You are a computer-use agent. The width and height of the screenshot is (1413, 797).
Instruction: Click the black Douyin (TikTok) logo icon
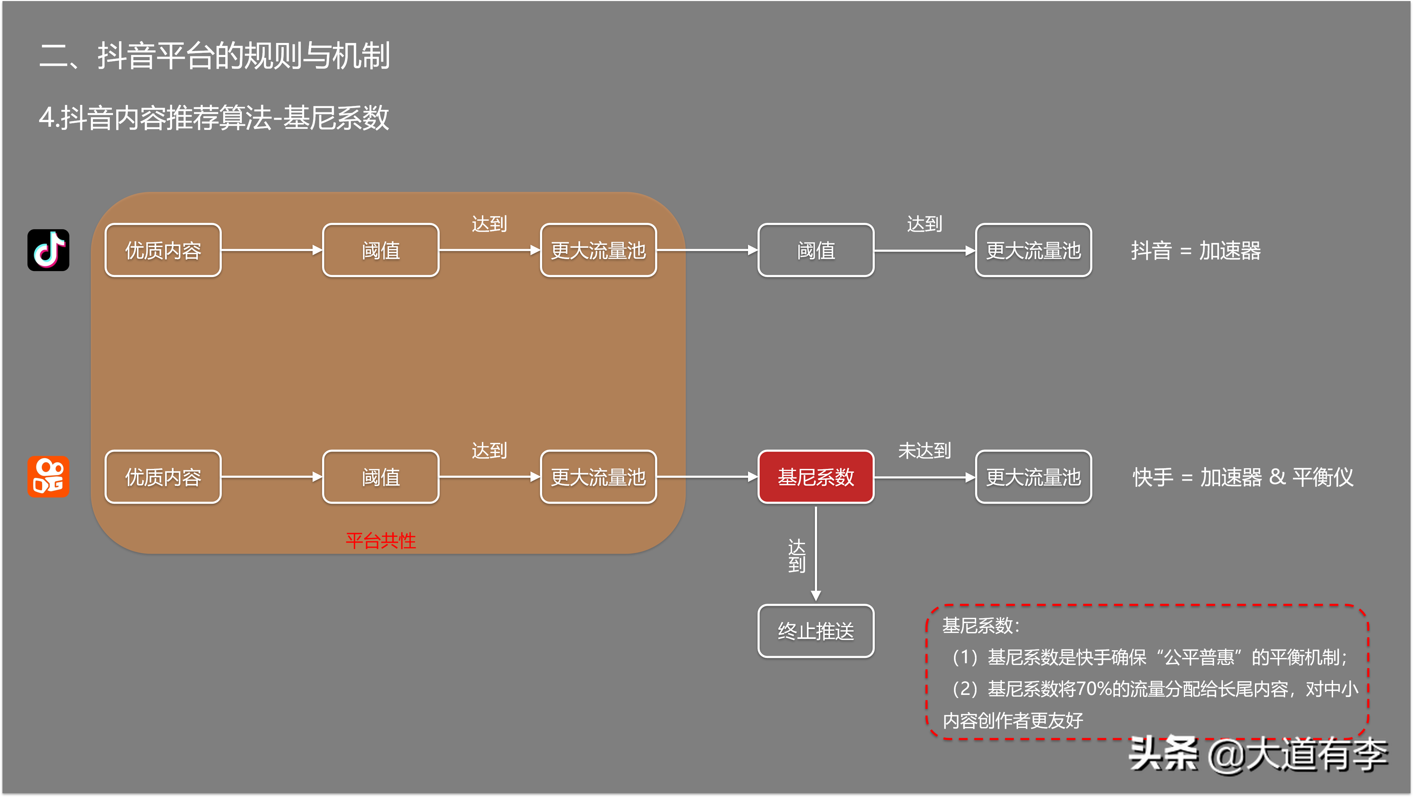click(x=48, y=250)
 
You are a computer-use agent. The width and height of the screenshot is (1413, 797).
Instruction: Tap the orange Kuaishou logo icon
click(x=48, y=477)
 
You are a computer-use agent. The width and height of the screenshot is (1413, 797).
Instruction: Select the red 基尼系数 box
click(x=816, y=477)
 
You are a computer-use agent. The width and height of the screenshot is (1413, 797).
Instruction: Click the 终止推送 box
click(x=816, y=631)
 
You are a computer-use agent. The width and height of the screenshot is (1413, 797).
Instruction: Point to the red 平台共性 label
click(x=381, y=541)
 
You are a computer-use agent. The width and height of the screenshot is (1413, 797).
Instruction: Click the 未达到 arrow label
click(x=924, y=450)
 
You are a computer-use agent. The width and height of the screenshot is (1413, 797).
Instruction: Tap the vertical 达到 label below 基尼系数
click(x=797, y=555)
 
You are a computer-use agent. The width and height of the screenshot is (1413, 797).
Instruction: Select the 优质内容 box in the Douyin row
click(x=163, y=250)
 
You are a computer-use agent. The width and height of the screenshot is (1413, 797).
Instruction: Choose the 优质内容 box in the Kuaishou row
click(x=163, y=477)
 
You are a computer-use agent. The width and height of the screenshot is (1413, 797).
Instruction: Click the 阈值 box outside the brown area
click(x=816, y=250)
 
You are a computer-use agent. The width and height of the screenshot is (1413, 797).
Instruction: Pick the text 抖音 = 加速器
click(x=1196, y=251)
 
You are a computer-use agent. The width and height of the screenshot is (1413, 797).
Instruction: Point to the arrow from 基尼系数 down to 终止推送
click(x=816, y=554)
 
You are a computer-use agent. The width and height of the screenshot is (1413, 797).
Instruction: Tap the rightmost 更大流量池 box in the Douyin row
click(x=1034, y=250)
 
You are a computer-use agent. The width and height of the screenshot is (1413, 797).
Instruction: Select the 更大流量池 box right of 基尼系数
click(x=1034, y=477)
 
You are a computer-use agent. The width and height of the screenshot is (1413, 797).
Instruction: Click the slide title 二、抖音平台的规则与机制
click(x=214, y=56)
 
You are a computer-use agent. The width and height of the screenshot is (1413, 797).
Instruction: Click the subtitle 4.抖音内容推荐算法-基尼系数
click(x=214, y=117)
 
